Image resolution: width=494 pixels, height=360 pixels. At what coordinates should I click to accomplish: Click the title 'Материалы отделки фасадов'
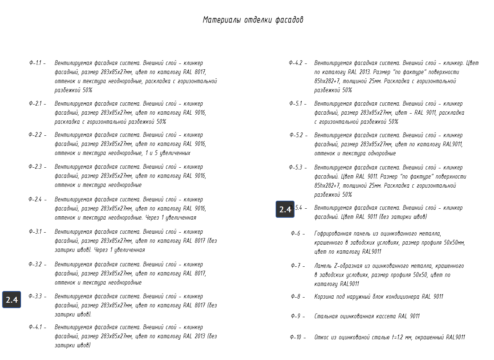(x=253, y=20)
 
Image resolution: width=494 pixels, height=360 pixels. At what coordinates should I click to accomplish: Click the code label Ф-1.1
(x=35, y=63)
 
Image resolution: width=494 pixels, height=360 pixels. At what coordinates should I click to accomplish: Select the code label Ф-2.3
(x=35, y=167)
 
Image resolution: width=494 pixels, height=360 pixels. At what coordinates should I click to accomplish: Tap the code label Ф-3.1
(x=35, y=232)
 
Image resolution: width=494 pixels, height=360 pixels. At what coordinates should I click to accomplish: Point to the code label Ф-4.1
(x=35, y=327)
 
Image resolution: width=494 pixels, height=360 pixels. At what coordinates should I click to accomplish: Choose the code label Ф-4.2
(x=296, y=63)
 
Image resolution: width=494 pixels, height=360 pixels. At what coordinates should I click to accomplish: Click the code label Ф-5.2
(x=296, y=135)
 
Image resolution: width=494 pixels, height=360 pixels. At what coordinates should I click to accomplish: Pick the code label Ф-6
(x=296, y=233)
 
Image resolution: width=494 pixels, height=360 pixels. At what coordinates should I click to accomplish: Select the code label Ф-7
(x=296, y=266)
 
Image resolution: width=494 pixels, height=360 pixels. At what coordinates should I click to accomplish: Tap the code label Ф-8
(x=296, y=296)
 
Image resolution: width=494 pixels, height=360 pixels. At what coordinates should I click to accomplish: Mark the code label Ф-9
(x=296, y=316)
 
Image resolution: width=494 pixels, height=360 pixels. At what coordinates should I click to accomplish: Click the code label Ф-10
(x=296, y=337)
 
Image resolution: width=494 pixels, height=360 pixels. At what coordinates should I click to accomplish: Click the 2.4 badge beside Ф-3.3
(x=12, y=300)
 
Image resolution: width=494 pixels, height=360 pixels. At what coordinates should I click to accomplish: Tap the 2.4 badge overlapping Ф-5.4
(x=285, y=209)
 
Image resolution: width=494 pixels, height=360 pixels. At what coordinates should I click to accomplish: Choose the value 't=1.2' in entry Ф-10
(x=399, y=337)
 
